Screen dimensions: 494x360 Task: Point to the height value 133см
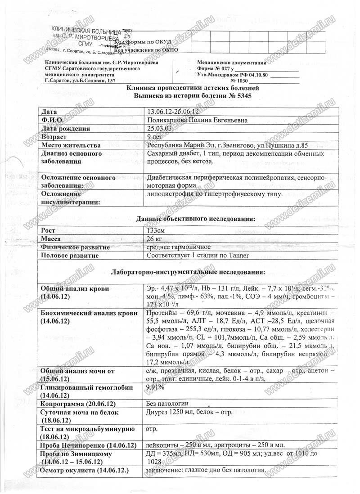coord(156,230)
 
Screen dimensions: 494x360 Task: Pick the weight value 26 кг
coord(155,239)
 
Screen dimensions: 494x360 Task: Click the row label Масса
coord(51,239)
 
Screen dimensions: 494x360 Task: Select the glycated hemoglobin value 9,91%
coord(156,387)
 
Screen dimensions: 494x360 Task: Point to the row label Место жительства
coord(70,145)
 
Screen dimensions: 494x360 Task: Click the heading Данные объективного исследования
coord(196,219)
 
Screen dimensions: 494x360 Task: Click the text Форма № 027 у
coord(216,68)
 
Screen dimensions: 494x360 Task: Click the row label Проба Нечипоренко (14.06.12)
coord(89,445)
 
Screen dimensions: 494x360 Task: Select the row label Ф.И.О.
coord(52,120)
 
